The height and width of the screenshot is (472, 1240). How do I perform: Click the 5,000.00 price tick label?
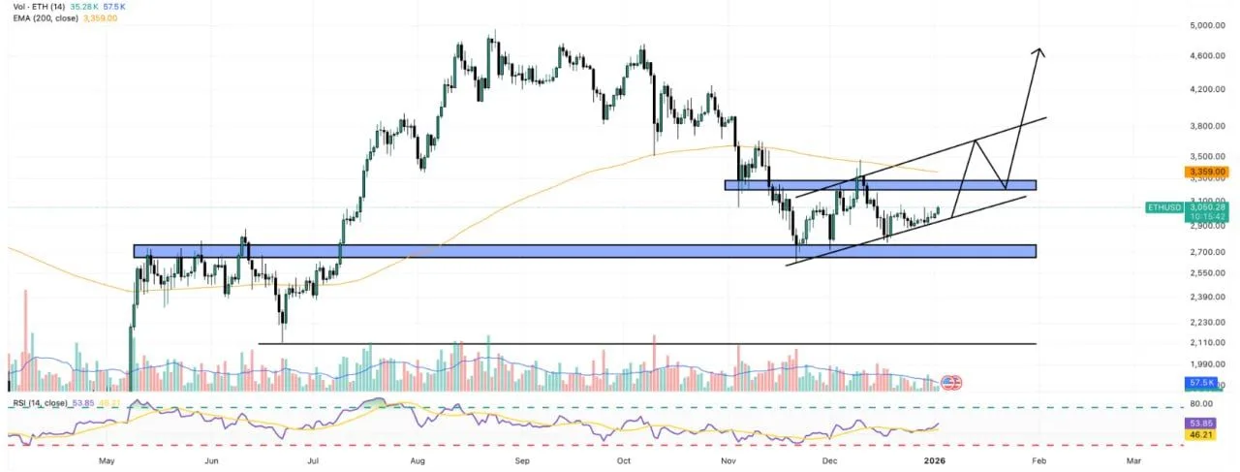(1207, 25)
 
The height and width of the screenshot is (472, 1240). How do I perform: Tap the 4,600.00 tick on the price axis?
(1207, 56)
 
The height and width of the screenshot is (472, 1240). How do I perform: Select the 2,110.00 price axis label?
(1207, 343)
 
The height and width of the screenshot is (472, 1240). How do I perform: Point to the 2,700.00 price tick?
(1207, 252)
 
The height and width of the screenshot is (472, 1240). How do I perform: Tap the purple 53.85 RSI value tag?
(1201, 424)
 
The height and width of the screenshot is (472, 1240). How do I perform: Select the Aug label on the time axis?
(418, 461)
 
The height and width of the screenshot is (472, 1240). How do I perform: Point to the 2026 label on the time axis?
(934, 461)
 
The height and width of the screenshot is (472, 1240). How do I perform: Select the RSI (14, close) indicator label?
(41, 402)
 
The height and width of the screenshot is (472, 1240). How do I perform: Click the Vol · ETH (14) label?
(37, 6)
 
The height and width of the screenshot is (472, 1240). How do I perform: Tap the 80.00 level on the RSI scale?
(1201, 404)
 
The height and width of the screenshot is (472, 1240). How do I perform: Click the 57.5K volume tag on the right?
(1201, 384)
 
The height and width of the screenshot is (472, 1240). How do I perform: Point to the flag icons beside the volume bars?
(951, 383)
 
